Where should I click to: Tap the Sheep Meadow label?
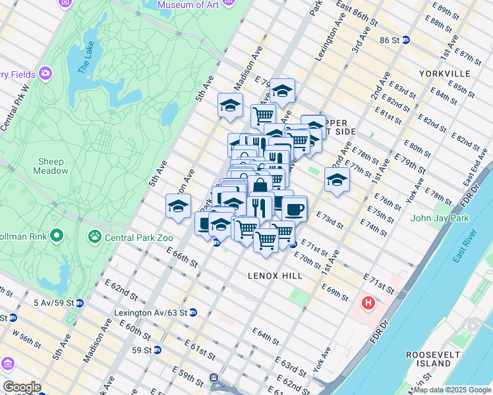pos(51,166)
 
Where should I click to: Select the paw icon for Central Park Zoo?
pos(95,235)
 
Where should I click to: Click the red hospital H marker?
pos(368,304)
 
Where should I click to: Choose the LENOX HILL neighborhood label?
pos(275,275)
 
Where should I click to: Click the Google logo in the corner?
pos(22,386)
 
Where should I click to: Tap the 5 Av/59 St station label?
pos(53,303)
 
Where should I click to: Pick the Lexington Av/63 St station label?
pos(150,313)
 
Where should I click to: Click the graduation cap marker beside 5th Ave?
pos(178,205)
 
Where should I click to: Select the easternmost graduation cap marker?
pos(337,180)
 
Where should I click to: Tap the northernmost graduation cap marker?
pos(282,91)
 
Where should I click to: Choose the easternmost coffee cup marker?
pos(295,208)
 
